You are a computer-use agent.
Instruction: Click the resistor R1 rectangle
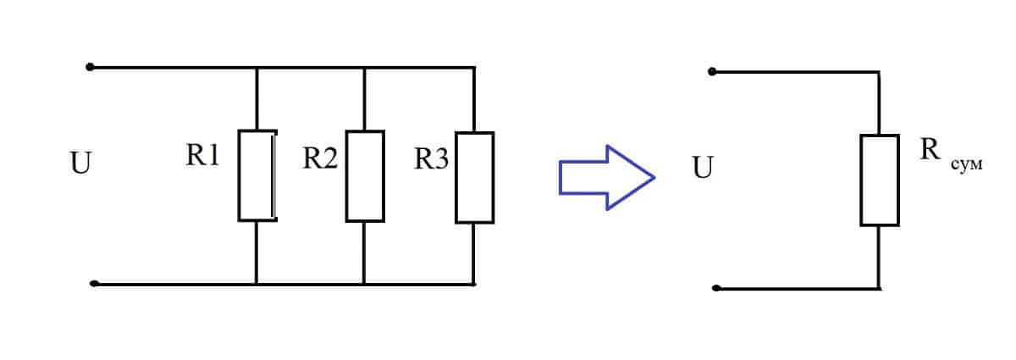[x=257, y=176]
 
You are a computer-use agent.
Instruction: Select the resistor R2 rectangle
[x=365, y=176]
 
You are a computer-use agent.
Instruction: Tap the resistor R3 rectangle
[x=474, y=177]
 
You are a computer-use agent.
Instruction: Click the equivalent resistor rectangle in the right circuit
[x=880, y=180]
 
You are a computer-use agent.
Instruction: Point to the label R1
[x=202, y=157]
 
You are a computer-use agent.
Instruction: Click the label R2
[x=320, y=158]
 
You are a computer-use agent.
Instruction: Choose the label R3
[x=431, y=158]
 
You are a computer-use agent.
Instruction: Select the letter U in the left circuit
[x=80, y=163]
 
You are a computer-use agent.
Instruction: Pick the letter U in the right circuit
[x=702, y=168]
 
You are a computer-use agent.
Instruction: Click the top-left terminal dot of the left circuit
[x=91, y=67]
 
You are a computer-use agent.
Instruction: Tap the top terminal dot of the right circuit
[x=712, y=72]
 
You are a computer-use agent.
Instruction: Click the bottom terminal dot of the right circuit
[x=716, y=289]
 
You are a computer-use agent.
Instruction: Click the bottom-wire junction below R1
[x=257, y=285]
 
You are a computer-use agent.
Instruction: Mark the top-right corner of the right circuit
[x=880, y=73]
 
